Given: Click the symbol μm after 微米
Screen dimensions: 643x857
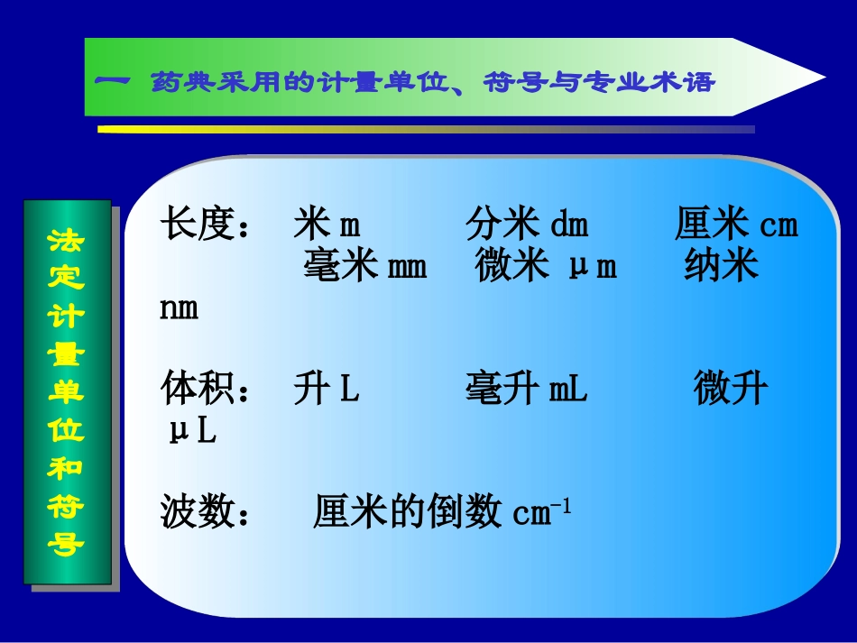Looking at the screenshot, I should click(x=593, y=268).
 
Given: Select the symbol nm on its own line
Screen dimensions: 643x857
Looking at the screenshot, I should click(x=179, y=308).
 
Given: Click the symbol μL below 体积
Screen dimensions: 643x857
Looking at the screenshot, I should click(x=192, y=431).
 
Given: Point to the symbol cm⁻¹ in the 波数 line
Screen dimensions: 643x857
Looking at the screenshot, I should click(x=541, y=513).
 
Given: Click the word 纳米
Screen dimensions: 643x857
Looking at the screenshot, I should click(x=720, y=267).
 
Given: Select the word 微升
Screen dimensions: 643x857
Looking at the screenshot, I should click(x=731, y=390).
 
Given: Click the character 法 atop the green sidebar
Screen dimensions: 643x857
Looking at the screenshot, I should click(x=66, y=240).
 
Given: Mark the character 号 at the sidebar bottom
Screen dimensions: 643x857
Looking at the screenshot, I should click(x=66, y=545).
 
